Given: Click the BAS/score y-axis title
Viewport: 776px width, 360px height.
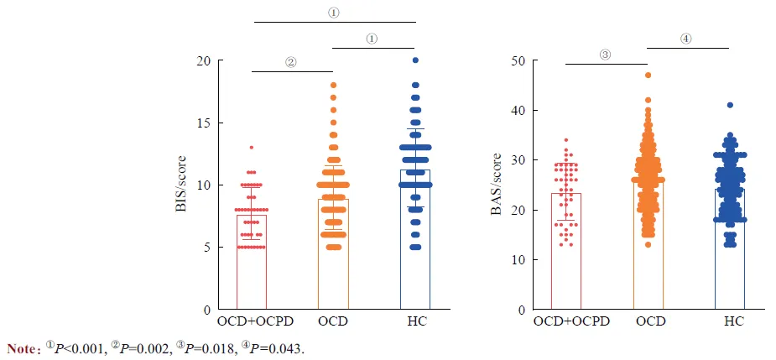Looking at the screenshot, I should (x=496, y=185).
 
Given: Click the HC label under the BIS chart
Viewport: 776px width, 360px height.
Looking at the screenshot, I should (x=415, y=321).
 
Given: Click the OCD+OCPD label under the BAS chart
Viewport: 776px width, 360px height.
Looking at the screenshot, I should (x=565, y=321).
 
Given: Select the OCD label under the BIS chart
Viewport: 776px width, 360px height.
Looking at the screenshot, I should (x=333, y=321).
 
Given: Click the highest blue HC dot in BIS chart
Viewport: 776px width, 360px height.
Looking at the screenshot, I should (x=415, y=60).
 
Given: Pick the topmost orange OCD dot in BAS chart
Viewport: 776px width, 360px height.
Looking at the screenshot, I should (x=648, y=76).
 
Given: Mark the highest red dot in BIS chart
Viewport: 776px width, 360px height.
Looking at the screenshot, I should (x=251, y=148).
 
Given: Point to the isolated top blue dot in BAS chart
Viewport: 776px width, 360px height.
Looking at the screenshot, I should (x=730, y=106).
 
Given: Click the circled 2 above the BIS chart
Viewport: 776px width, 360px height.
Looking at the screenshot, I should (x=290, y=62).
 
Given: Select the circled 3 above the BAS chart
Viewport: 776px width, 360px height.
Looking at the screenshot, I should (x=605, y=55).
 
